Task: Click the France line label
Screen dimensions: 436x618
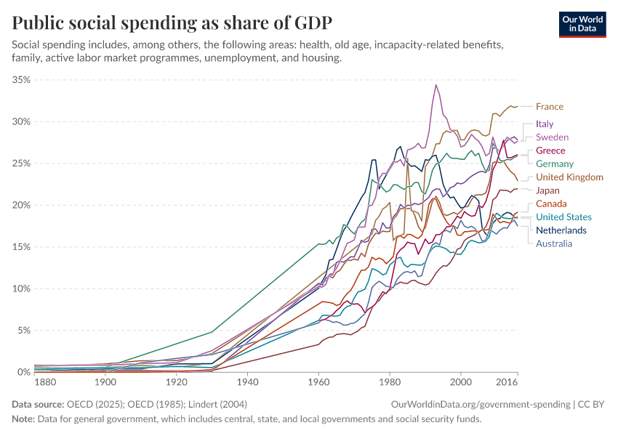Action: [x=549, y=107]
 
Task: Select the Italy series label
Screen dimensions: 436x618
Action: [x=545, y=124]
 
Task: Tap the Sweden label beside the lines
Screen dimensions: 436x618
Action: [x=552, y=137]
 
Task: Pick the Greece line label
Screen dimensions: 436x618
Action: [x=550, y=150]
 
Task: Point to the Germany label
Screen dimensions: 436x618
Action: [x=555, y=164]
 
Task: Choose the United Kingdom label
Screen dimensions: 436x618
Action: [x=569, y=177]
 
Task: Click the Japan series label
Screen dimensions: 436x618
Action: [x=547, y=190]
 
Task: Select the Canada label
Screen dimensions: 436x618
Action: [x=551, y=204]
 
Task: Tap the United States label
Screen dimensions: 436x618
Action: [x=563, y=217]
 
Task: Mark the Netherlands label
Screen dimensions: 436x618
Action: [x=561, y=230]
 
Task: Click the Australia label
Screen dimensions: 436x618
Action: [x=554, y=243]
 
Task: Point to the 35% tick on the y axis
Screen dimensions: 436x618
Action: [x=21, y=80]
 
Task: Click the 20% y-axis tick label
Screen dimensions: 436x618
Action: [x=21, y=205]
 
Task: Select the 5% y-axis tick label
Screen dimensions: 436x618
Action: [x=23, y=331]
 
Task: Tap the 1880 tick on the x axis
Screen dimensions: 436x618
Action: [x=45, y=381]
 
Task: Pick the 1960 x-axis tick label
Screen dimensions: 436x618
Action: [x=318, y=381]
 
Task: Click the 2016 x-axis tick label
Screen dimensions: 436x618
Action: [x=507, y=381]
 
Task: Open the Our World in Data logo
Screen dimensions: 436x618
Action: [x=582, y=23]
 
